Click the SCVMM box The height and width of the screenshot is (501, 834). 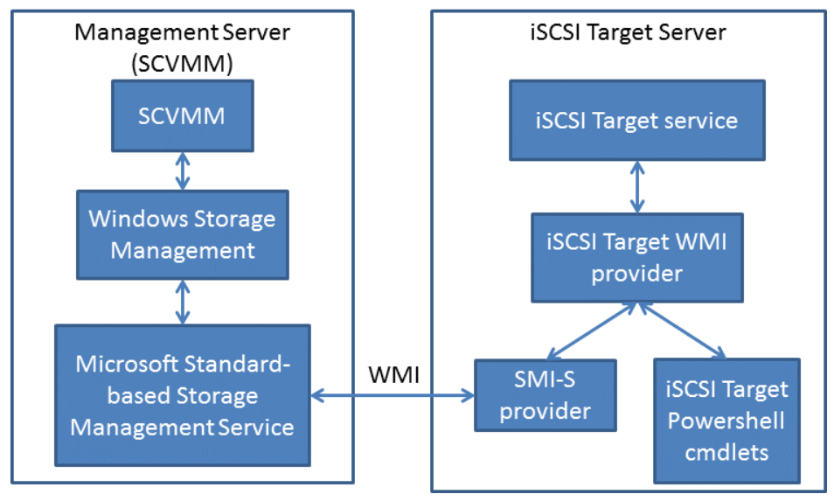[x=182, y=115]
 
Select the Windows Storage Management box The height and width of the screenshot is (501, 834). [x=182, y=234]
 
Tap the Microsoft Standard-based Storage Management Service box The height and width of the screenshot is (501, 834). [x=182, y=395]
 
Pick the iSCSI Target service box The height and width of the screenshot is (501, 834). [x=636, y=120]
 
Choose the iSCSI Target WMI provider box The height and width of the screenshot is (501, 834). [x=636, y=258]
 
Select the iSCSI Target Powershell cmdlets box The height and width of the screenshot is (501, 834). [x=726, y=420]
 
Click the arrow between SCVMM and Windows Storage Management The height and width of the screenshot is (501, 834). [x=182, y=170]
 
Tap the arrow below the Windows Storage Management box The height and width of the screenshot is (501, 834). [x=182, y=302]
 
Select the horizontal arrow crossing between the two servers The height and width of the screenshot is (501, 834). [x=393, y=398]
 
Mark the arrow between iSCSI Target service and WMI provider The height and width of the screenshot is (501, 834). [x=636, y=186]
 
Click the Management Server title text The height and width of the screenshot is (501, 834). [x=182, y=33]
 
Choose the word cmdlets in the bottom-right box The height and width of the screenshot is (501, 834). [x=726, y=451]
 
